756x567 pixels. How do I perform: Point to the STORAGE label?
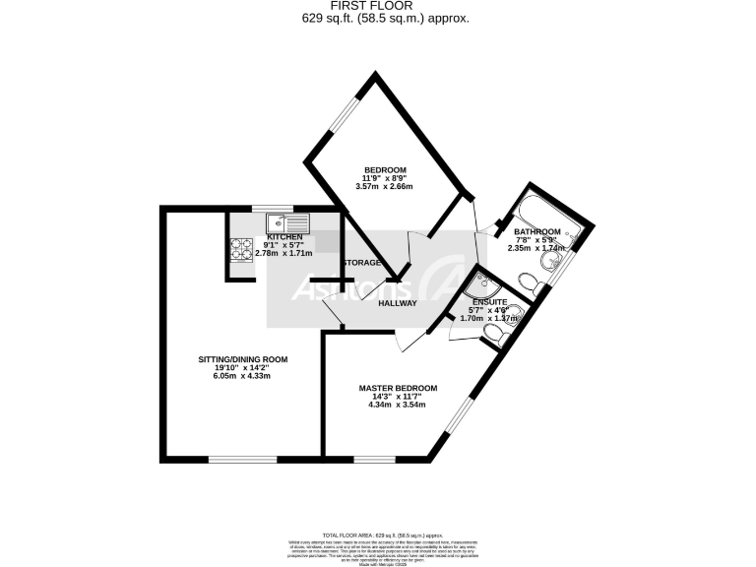click(362, 263)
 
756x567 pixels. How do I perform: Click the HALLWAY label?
click(398, 303)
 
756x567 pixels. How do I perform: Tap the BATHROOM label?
click(537, 232)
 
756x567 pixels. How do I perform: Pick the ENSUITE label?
click(489, 301)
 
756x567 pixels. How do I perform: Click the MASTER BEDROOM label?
click(398, 389)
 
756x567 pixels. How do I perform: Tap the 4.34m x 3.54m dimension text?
click(398, 405)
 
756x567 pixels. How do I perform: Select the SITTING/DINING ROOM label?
click(242, 359)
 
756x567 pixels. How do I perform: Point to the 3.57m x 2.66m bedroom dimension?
click(386, 186)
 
